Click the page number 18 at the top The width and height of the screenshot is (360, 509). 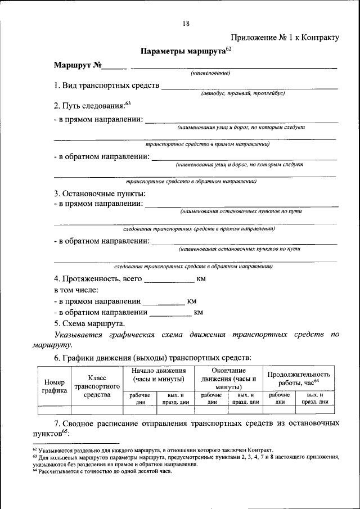[x=186, y=23]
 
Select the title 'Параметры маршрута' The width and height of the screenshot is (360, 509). [x=183, y=51]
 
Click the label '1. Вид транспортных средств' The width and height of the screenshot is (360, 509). [x=107, y=87]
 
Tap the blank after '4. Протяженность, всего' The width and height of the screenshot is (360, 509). [x=169, y=280]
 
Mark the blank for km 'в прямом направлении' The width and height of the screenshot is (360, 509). [x=163, y=302]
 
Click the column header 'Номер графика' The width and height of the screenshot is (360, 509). [x=55, y=386]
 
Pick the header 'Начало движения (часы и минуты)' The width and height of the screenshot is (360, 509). [x=159, y=376]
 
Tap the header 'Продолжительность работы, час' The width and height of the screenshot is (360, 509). [x=299, y=378]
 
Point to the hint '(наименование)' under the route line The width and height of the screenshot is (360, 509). [x=211, y=73]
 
